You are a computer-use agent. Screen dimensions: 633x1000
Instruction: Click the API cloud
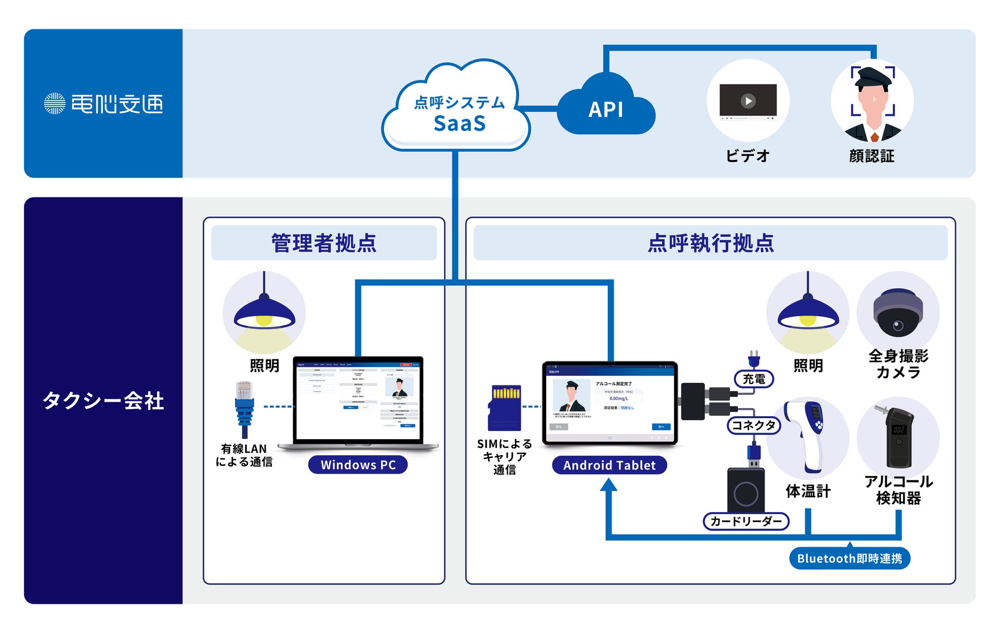coord(606,109)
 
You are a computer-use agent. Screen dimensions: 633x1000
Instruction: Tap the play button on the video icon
coord(748,100)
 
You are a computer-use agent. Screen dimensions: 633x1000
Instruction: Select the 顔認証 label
coord(871,156)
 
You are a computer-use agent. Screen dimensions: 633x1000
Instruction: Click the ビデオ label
coord(748,156)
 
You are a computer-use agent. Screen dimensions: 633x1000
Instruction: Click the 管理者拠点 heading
coord(324,243)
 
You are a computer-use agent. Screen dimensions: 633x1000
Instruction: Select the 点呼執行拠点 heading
coord(710,243)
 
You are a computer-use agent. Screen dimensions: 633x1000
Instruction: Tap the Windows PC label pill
coord(358,465)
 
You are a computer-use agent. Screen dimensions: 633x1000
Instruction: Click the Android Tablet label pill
coord(609,465)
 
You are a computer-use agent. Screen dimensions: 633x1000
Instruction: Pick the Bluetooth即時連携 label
coord(849,558)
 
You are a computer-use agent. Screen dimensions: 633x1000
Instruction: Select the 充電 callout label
coord(754,379)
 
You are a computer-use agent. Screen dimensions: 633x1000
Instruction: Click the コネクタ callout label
coord(753,425)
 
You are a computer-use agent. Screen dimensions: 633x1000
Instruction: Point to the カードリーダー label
coord(746,521)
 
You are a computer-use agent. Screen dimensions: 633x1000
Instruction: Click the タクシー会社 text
coord(103,400)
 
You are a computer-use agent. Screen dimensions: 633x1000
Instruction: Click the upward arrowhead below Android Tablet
coord(609,485)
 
